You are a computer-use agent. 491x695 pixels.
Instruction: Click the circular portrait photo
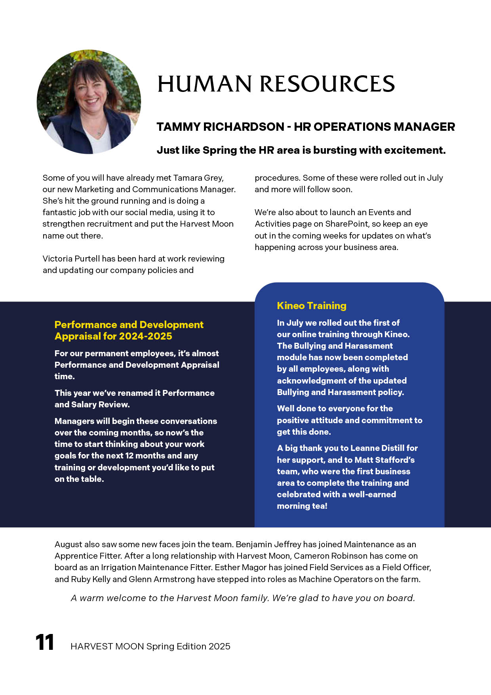89,102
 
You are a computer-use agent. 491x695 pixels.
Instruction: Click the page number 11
45,643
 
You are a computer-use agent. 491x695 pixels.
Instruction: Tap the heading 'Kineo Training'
312,305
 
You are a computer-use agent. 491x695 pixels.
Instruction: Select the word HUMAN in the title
204,84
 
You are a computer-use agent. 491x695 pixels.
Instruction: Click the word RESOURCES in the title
327,84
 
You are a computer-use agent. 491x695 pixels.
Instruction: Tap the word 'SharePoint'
347,224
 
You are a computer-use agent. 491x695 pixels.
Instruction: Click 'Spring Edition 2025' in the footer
188,646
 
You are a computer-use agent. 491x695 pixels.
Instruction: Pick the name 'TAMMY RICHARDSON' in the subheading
220,127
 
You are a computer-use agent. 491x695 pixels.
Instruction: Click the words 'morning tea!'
302,506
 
